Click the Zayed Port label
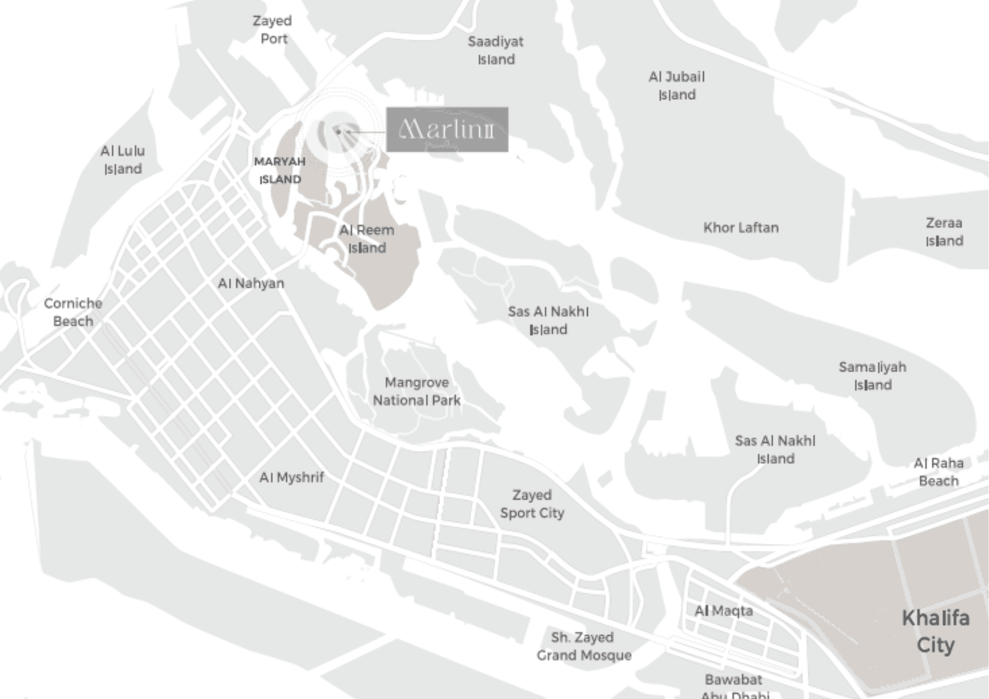272,30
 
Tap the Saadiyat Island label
495,50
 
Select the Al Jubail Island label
676,86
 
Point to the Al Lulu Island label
123,160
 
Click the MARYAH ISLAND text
280,171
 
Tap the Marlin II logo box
447,130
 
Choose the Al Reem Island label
367,239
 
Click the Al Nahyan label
251,283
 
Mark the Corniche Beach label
73,312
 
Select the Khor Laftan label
741,228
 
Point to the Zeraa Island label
944,232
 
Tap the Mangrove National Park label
417,391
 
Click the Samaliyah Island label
873,376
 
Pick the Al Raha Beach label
939,472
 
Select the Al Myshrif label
292,478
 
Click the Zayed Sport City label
532,504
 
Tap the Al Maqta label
723,611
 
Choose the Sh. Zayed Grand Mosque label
584,646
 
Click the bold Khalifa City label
936,631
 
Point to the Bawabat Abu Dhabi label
734,686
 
